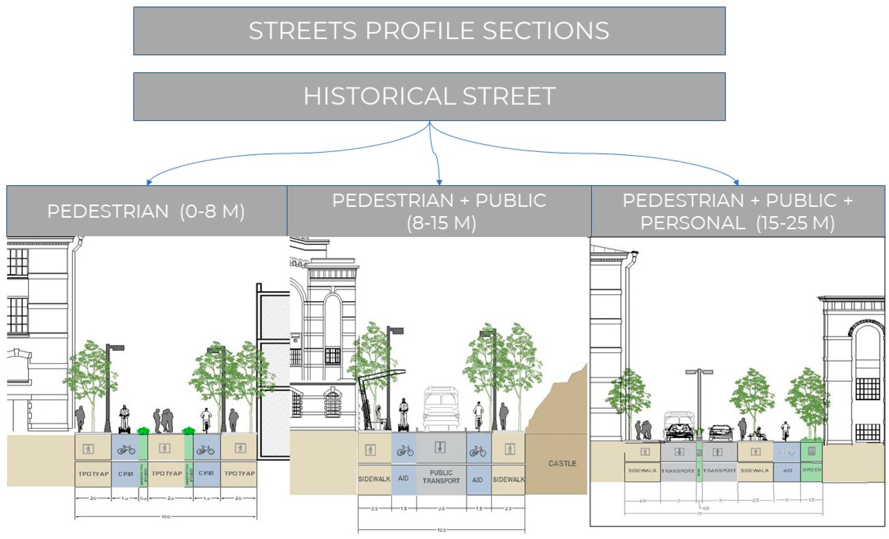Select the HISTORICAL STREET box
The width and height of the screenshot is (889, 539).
tap(429, 96)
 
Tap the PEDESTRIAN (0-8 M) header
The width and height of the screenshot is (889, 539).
tap(146, 211)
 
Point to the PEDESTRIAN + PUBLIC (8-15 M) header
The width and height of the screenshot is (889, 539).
tap(439, 211)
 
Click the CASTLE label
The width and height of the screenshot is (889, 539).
tap(562, 463)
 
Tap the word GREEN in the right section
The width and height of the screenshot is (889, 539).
tap(811, 470)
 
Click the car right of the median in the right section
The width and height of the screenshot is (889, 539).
tap(721, 432)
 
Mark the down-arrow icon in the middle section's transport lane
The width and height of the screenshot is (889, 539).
tap(439, 447)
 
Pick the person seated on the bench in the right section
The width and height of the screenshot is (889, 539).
tap(759, 433)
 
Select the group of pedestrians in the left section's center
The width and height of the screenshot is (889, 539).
tap(164, 420)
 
